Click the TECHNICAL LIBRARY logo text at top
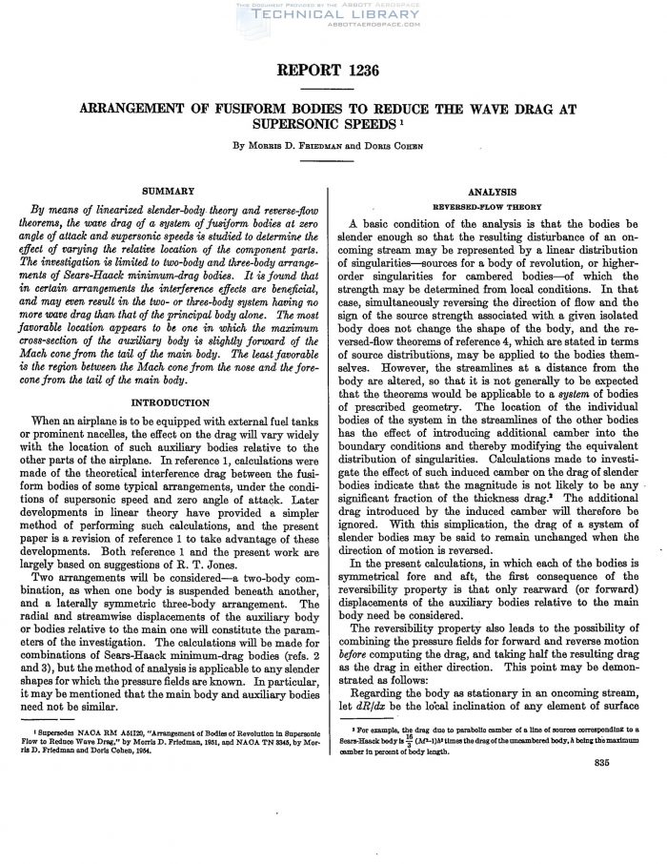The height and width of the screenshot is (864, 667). point(333,15)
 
